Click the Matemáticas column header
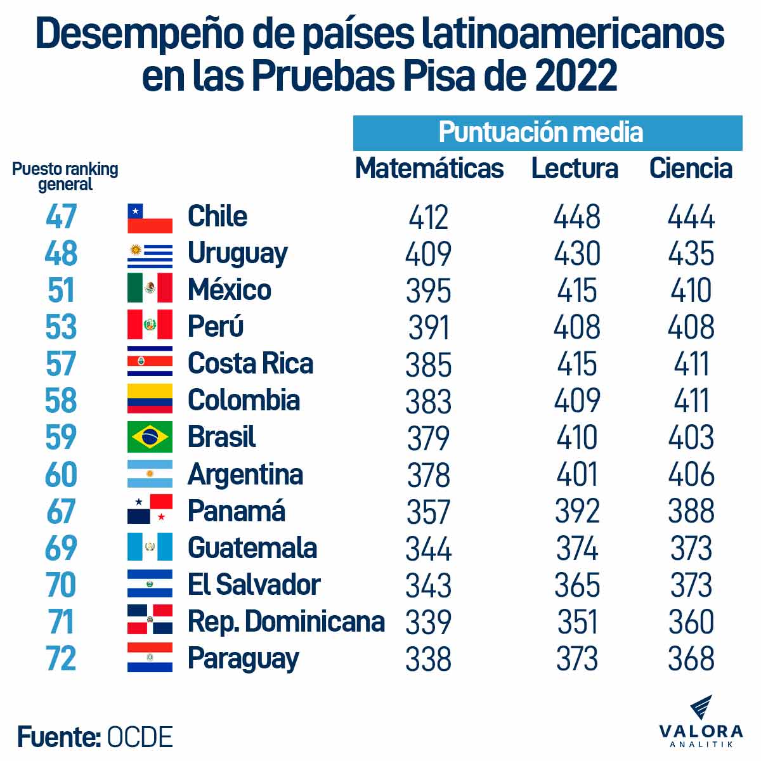(429, 169)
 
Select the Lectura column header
(575, 169)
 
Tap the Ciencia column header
(691, 169)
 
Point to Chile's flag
(150, 218)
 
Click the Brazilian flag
(150, 437)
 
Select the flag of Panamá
(150, 510)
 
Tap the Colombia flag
(150, 400)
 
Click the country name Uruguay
(237, 254)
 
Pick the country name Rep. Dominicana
(286, 621)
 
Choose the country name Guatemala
(252, 548)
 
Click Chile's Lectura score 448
(576, 218)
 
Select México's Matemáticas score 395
(429, 291)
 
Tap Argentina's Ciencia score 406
(691, 474)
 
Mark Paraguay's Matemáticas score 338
(429, 659)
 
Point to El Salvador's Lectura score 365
(576, 585)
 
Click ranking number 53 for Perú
(62, 327)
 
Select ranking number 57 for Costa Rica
(62, 364)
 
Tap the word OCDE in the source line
(140, 738)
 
